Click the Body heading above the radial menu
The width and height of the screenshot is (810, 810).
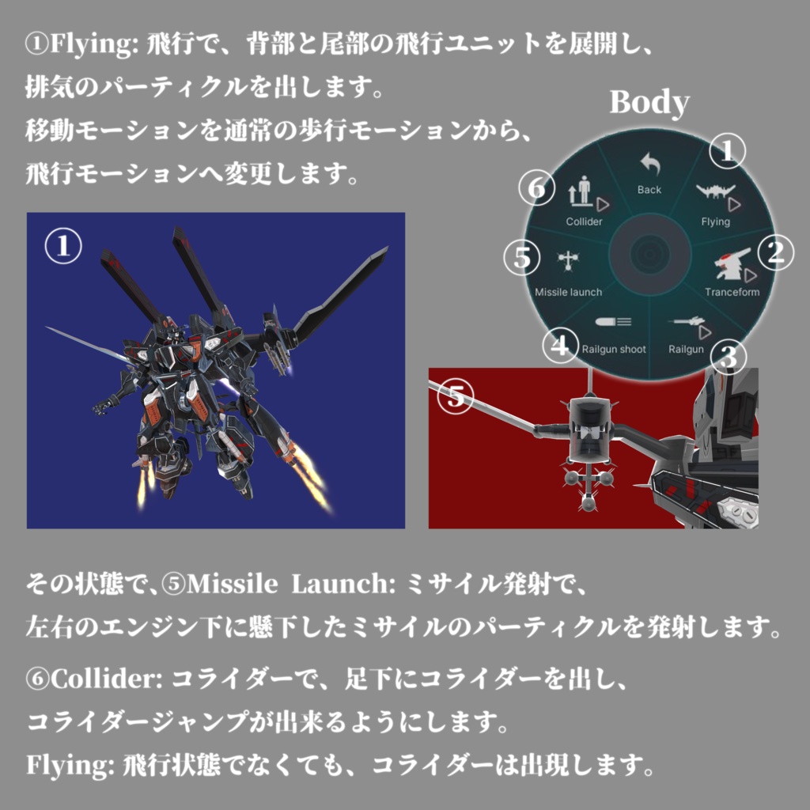coord(649,103)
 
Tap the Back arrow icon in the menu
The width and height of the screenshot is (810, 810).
coord(649,165)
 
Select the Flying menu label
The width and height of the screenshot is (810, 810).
coord(715,221)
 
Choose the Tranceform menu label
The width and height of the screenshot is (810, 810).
coord(732,292)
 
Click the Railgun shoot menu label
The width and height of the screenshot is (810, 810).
coord(614,349)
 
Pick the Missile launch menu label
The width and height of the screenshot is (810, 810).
coord(568,292)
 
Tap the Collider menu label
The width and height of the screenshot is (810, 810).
coord(584,221)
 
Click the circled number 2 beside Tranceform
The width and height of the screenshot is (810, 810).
coord(775,253)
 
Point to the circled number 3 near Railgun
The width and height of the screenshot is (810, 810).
coord(729,357)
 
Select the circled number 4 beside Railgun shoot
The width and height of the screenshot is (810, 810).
coord(560,346)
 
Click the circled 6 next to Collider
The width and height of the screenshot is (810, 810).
coord(537,188)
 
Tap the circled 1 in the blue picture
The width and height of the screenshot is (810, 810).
coord(62,248)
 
